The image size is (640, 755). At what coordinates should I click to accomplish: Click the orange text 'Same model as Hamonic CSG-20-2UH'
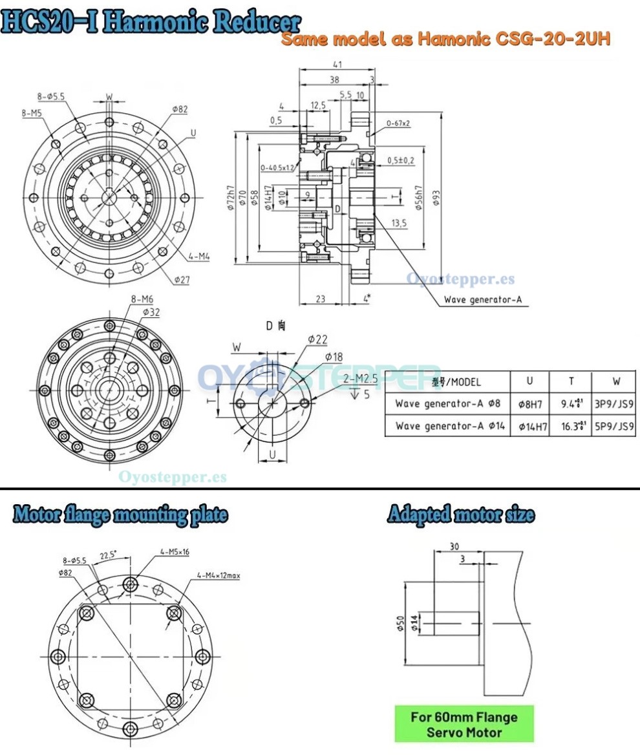[x=446, y=40]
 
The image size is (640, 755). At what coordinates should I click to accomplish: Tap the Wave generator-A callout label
[x=482, y=300]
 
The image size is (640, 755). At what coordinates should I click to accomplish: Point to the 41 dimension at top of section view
[x=337, y=64]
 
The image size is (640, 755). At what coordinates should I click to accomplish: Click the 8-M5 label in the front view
[x=32, y=112]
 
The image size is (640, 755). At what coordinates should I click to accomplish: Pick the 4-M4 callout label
[x=199, y=257]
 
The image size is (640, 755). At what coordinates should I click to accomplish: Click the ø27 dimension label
[x=181, y=279]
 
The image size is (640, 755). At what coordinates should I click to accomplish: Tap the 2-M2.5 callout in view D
[x=359, y=379]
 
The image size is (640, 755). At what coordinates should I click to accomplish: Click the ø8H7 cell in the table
[x=529, y=405]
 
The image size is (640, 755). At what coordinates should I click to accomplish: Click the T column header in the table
[x=570, y=381]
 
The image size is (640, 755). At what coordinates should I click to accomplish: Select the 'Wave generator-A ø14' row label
[x=447, y=426]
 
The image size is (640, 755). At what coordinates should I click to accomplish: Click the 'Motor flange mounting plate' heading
[x=120, y=515]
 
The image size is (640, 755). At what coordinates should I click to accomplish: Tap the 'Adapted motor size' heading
[x=461, y=515]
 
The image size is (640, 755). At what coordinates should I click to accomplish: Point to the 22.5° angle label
[x=109, y=555]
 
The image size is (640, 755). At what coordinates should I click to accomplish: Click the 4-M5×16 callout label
[x=175, y=552]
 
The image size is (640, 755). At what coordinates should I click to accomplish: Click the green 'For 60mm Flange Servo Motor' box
[x=464, y=724]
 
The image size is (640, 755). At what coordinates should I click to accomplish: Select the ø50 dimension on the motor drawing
[x=400, y=624]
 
